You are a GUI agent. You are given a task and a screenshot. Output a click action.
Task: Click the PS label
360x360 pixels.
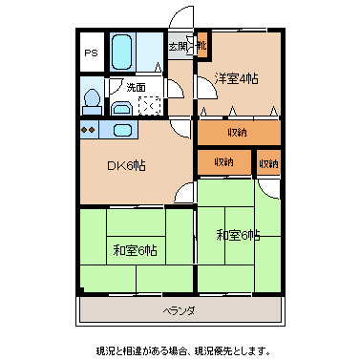[x=91, y=53]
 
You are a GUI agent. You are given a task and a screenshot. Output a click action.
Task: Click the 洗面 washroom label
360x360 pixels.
[x=136, y=88]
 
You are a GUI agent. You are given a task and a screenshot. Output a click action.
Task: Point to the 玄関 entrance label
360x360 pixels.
[x=179, y=45]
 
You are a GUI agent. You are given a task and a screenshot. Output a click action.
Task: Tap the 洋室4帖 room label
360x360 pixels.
[x=237, y=78]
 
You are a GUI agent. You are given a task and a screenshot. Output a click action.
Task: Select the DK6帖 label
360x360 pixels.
[x=125, y=164]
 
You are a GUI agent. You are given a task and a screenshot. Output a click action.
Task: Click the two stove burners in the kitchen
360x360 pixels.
[x=89, y=129]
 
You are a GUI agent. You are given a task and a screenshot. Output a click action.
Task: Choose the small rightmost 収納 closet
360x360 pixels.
[x=268, y=162]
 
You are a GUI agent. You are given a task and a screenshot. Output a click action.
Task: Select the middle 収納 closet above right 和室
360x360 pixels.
[x=224, y=162]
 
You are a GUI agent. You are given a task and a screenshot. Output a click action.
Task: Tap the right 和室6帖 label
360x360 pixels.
[x=237, y=234]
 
